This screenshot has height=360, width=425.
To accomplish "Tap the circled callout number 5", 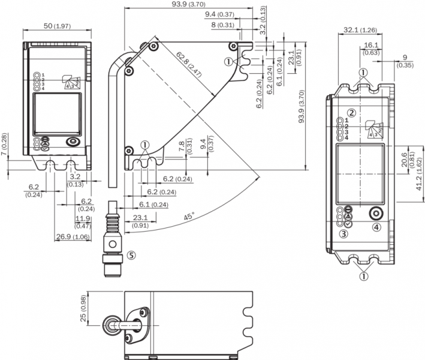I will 131,254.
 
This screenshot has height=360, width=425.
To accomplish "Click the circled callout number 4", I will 376,227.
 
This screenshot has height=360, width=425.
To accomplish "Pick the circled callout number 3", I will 343,233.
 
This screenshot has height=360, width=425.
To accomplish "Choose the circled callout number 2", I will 352,113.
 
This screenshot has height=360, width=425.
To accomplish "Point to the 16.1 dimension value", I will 371,45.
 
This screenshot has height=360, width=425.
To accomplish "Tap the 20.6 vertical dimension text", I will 404,160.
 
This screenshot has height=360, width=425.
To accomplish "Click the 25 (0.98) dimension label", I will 85,308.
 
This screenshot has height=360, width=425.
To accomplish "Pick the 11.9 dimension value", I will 83,219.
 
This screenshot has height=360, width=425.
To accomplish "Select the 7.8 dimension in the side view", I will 182,146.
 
